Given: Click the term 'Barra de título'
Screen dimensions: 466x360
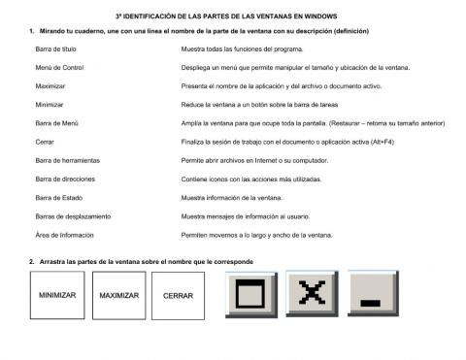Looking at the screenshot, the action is pyautogui.click(x=55, y=47).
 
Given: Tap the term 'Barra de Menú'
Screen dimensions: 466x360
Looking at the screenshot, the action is pyautogui.click(x=55, y=123).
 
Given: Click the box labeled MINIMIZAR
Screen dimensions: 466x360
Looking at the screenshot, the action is pyautogui.click(x=57, y=296).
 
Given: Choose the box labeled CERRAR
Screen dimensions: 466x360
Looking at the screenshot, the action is pyautogui.click(x=178, y=296).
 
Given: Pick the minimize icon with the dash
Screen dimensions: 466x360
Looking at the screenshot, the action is pyautogui.click(x=372, y=294).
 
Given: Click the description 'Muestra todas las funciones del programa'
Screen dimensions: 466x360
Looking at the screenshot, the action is pyautogui.click(x=244, y=47).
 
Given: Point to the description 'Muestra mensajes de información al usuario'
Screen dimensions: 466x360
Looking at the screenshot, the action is pyautogui.click(x=246, y=216).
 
